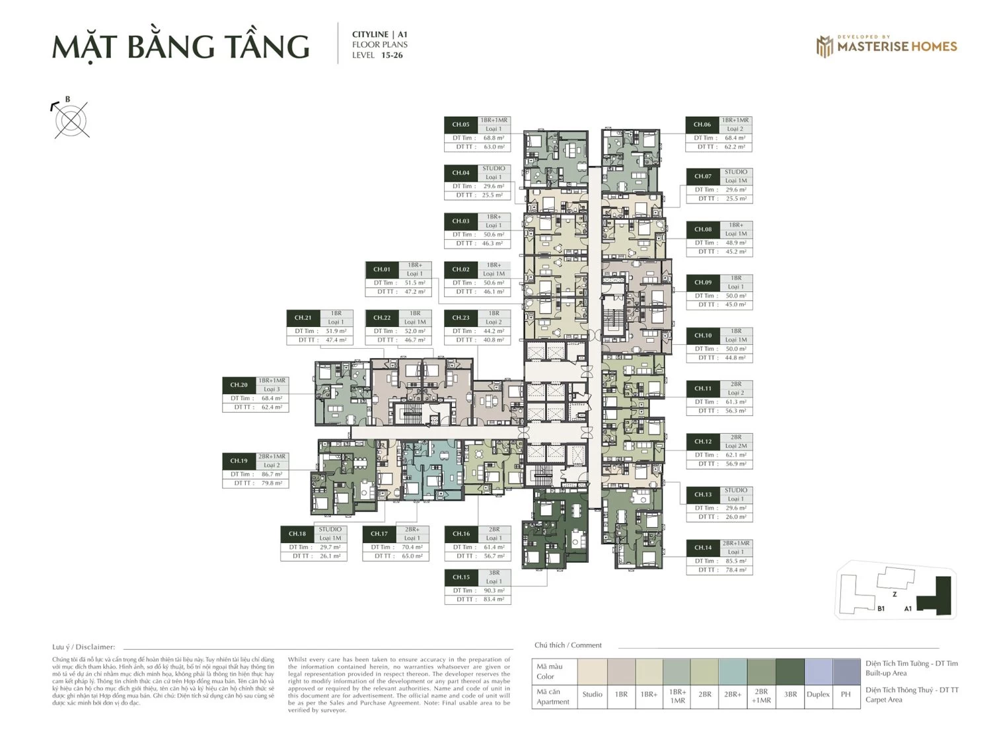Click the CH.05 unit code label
[x=460, y=124]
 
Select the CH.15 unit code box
[x=461, y=577]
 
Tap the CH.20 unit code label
[x=239, y=385]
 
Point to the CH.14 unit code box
[x=703, y=548]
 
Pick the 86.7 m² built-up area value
[x=271, y=474]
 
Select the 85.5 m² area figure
[x=735, y=561]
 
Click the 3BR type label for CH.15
[x=494, y=573]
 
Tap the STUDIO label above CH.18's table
[x=330, y=530]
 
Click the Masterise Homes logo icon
[x=825, y=46]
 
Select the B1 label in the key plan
[x=881, y=609]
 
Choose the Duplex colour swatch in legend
[x=818, y=672]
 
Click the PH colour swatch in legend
[x=846, y=672]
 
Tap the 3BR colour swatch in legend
[x=790, y=672]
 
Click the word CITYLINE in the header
[x=370, y=34]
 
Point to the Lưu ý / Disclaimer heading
[x=83, y=647]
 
